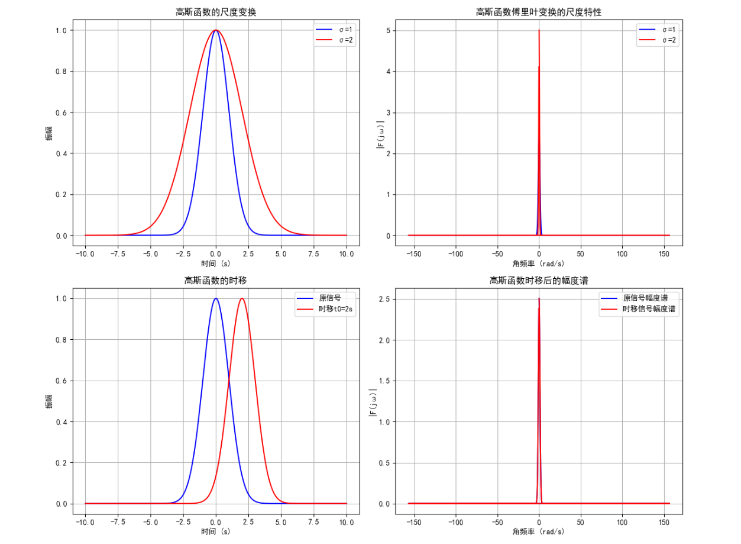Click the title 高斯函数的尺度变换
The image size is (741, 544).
point(216,12)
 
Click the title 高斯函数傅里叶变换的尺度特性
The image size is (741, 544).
point(539,12)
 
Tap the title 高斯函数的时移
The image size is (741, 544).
point(216,281)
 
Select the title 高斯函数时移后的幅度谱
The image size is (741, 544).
point(539,281)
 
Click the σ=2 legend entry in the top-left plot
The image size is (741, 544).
point(344,40)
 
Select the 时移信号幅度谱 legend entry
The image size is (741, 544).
point(649,309)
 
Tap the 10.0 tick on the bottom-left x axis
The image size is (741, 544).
point(346,522)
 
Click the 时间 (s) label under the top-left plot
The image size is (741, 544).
point(216,263)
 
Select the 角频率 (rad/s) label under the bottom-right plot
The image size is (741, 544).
point(539,532)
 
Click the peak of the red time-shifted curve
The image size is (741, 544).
point(242,298)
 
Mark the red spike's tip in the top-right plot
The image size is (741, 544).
point(539,31)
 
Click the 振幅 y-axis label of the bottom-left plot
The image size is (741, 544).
point(49,401)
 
